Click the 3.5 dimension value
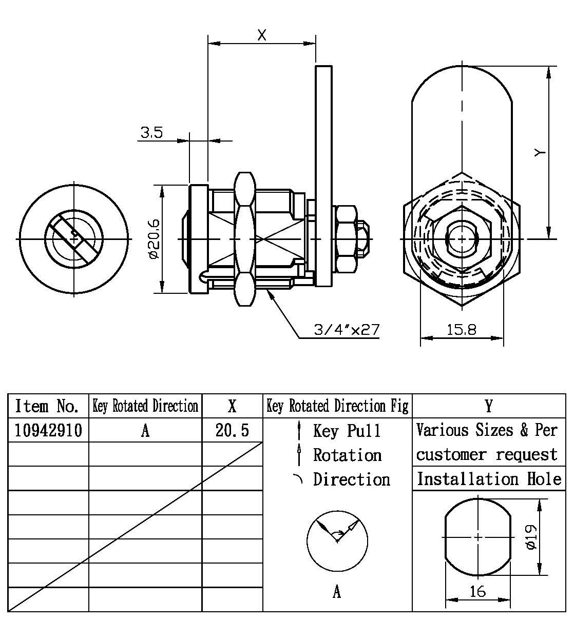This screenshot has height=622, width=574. click(151, 133)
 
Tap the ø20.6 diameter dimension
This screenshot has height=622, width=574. click(155, 239)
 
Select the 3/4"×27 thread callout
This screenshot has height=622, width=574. click(347, 329)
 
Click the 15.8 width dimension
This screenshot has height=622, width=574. click(461, 329)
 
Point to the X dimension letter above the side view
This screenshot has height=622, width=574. click(262, 35)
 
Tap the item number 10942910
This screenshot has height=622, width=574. click(48, 430)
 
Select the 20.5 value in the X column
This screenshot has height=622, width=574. click(232, 430)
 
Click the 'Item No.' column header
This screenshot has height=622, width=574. click(47, 406)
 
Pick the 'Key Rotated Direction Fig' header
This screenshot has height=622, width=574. click(337, 406)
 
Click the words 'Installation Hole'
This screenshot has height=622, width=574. click(489, 479)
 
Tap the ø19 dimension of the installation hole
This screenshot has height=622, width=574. click(531, 537)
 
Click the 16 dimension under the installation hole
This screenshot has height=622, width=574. click(478, 591)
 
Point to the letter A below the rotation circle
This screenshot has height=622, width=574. click(337, 592)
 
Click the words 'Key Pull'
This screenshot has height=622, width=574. click(347, 430)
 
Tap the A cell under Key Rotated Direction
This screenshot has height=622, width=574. click(145, 430)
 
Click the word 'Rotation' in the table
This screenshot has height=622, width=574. click(348, 455)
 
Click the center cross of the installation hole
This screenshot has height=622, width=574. click(478, 537)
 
